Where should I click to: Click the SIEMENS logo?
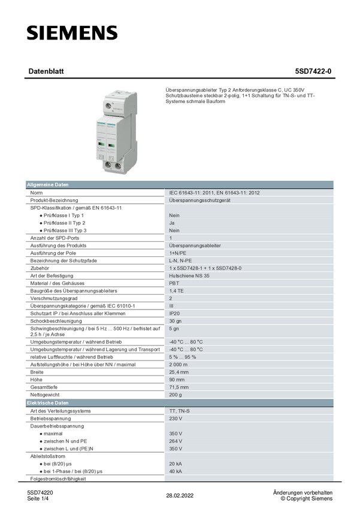pyautogui.click(x=72, y=33)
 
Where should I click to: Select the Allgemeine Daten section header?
pyautogui.click(x=47, y=184)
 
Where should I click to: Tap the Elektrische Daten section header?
pyautogui.click(x=47, y=403)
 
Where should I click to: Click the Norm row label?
pyautogui.click(x=37, y=193)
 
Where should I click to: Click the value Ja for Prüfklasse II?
pyautogui.click(x=172, y=223)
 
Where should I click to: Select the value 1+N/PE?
pyautogui.click(x=178, y=253)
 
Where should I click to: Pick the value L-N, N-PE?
pyautogui.click(x=180, y=260)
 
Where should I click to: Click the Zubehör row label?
pyautogui.click(x=41, y=268)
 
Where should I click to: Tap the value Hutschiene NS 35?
pyautogui.click(x=189, y=275)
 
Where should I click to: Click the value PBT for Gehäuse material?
pyautogui.click(x=174, y=283)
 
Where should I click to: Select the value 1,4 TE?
pyautogui.click(x=176, y=290)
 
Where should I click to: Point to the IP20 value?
pyautogui.click(x=174, y=313)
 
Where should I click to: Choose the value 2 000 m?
pyautogui.click(x=179, y=364)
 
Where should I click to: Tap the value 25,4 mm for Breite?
pyautogui.click(x=179, y=372)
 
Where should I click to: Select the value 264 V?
pyautogui.click(x=176, y=441)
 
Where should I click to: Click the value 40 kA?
pyautogui.click(x=176, y=471)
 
